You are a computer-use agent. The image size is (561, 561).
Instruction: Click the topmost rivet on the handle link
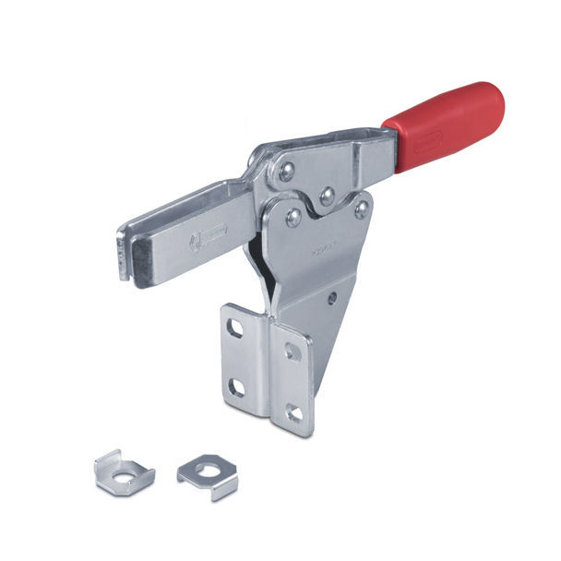click(x=287, y=170)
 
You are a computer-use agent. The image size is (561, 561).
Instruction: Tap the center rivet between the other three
click(x=326, y=196)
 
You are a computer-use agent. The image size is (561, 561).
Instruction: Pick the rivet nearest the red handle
click(x=362, y=209)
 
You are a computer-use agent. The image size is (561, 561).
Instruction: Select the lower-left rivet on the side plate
click(x=293, y=218)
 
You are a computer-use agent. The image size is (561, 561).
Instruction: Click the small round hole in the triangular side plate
click(x=333, y=298)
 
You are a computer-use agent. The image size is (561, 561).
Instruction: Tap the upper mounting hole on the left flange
click(x=236, y=328)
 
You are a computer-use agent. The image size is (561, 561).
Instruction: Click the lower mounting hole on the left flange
click(x=236, y=387)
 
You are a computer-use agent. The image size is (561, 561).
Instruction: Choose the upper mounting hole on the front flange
click(x=292, y=351)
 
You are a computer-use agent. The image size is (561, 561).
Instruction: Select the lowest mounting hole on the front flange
click(x=294, y=412)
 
